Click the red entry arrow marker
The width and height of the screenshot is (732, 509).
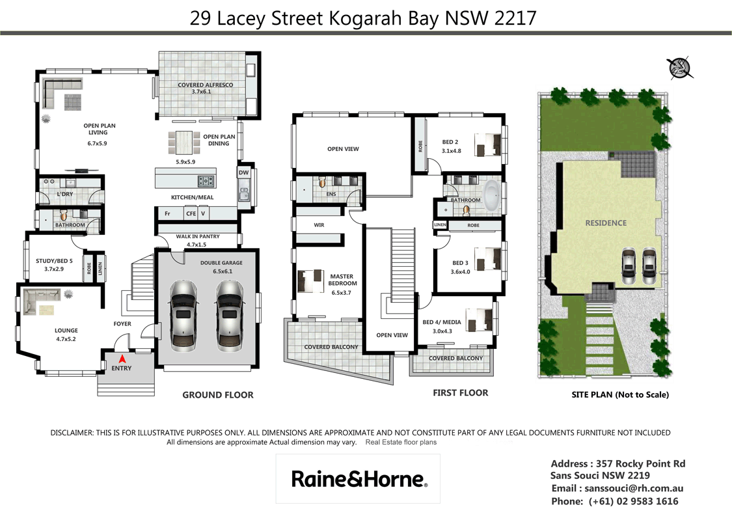(x=122, y=357)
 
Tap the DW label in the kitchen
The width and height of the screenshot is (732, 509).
(x=243, y=172)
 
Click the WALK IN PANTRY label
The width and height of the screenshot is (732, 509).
(x=197, y=237)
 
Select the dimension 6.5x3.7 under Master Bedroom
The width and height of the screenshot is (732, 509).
(x=342, y=293)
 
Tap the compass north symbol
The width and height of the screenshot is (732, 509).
(x=679, y=67)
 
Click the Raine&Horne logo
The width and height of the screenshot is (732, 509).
(x=359, y=480)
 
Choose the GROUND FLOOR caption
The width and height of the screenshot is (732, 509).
(x=218, y=394)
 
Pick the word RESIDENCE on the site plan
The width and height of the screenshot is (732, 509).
(x=606, y=223)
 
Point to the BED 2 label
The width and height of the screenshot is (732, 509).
(x=450, y=142)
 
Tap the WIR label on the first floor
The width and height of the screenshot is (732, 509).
(x=319, y=225)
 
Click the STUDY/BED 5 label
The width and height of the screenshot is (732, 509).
(x=55, y=262)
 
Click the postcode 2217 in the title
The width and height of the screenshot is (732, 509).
(x=515, y=18)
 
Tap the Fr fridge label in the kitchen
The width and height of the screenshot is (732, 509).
(x=167, y=213)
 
